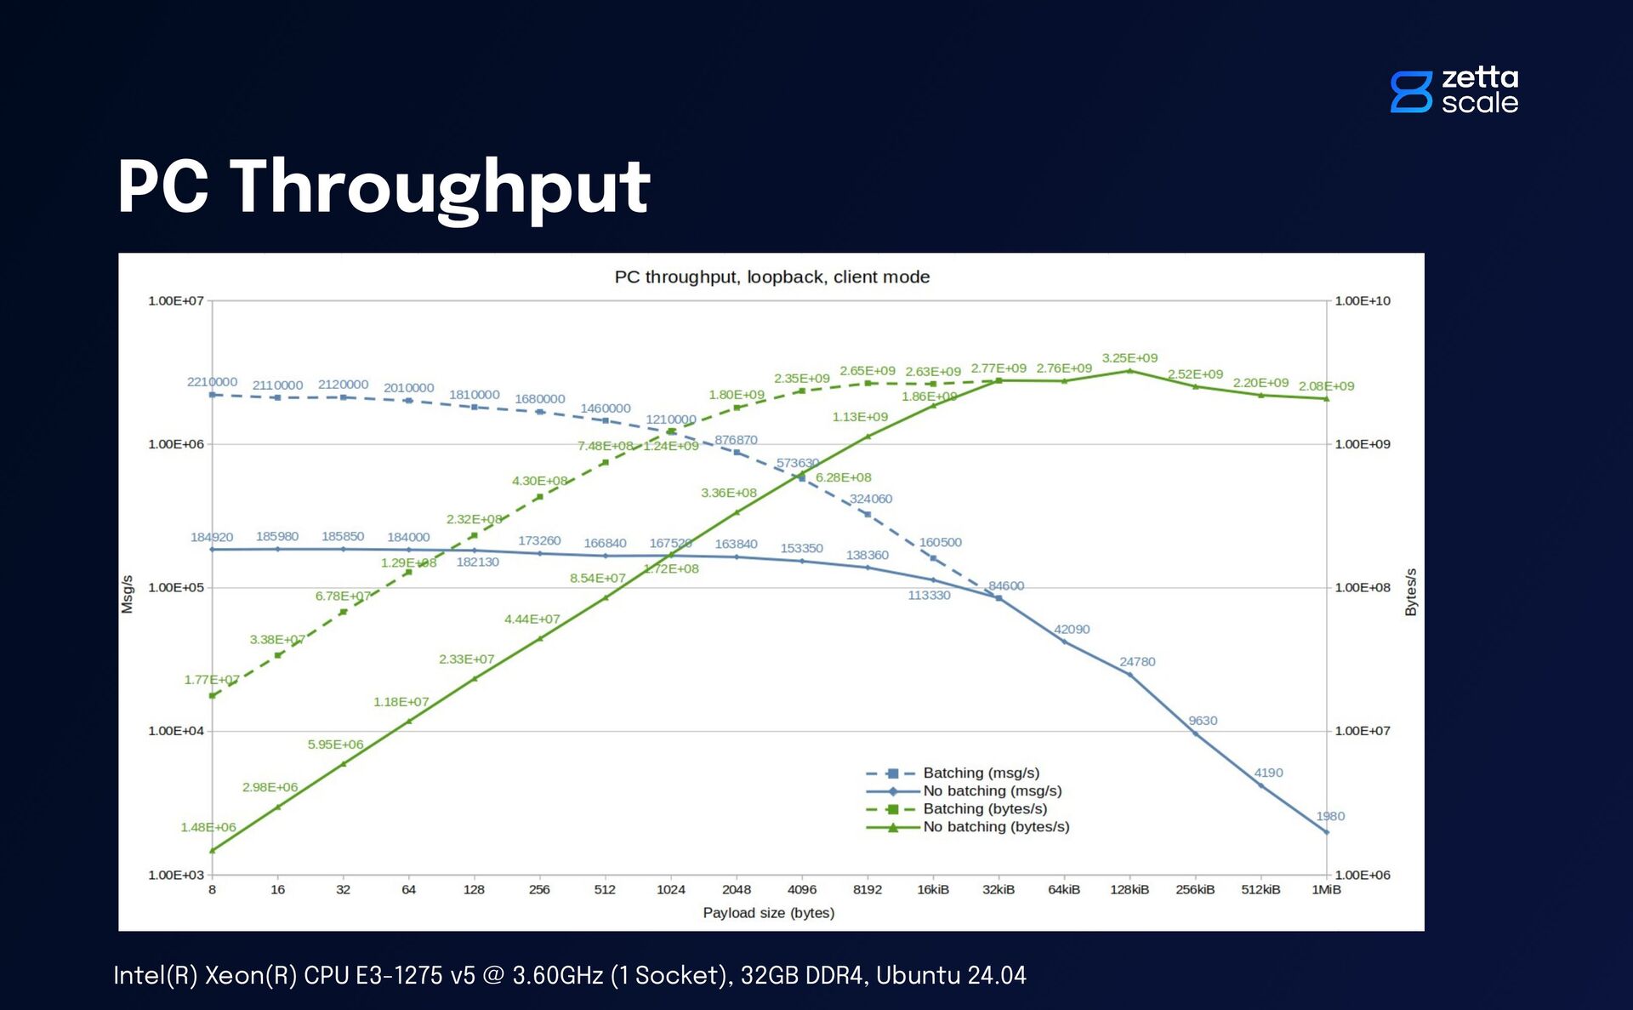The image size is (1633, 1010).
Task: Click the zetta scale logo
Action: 1454,90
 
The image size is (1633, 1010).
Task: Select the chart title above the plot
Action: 771,277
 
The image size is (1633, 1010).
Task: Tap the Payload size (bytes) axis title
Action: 768,913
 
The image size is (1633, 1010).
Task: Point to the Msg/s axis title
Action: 128,594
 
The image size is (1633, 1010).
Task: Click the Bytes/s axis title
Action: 1411,592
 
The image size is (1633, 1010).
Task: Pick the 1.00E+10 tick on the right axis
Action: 1362,301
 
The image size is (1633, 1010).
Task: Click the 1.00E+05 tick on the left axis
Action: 176,588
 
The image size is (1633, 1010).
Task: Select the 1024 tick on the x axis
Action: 670,890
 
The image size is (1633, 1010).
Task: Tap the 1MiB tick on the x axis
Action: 1326,890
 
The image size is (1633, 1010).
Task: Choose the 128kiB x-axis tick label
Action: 1129,890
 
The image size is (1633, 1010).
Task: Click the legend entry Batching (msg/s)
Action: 981,773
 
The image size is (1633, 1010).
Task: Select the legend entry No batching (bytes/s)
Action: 996,827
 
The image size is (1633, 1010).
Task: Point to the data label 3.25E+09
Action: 1129,358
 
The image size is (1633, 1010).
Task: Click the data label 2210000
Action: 212,382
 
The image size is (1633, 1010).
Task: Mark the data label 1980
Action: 1330,817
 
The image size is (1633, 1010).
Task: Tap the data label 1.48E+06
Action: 208,828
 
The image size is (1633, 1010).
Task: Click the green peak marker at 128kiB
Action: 1129,371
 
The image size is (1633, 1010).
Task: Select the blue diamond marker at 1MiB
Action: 1326,832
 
